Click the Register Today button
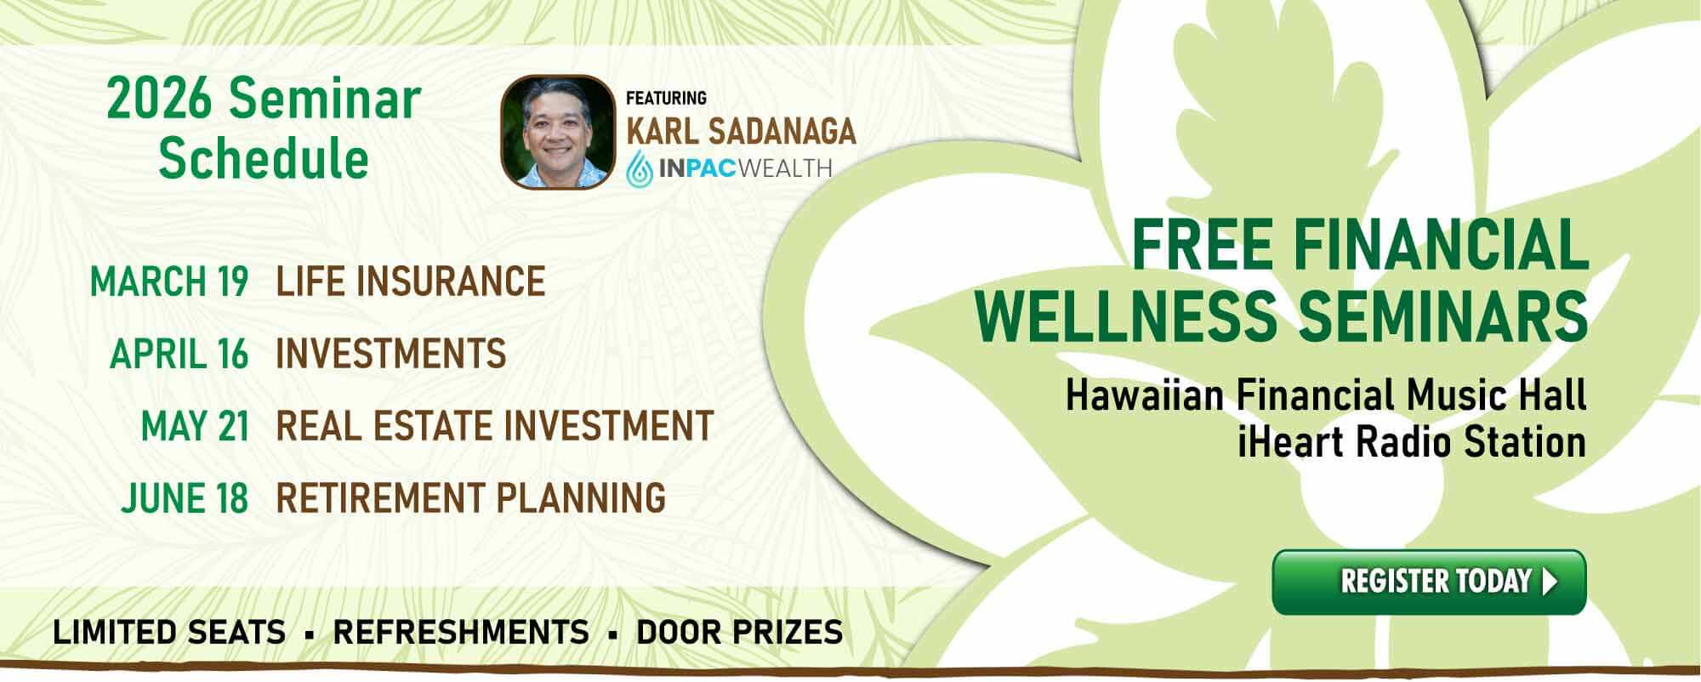[1429, 582]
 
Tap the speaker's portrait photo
[556, 132]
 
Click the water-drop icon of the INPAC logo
[640, 168]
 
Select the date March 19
[169, 281]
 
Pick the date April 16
[179, 354]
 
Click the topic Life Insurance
[411, 281]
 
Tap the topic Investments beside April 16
[391, 354]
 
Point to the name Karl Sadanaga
[741, 131]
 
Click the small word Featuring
[666, 99]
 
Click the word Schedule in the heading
[264, 158]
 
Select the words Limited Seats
[169, 632]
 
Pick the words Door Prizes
[740, 632]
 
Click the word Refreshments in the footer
[461, 632]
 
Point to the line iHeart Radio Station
[1412, 442]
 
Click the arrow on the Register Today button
[1550, 582]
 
